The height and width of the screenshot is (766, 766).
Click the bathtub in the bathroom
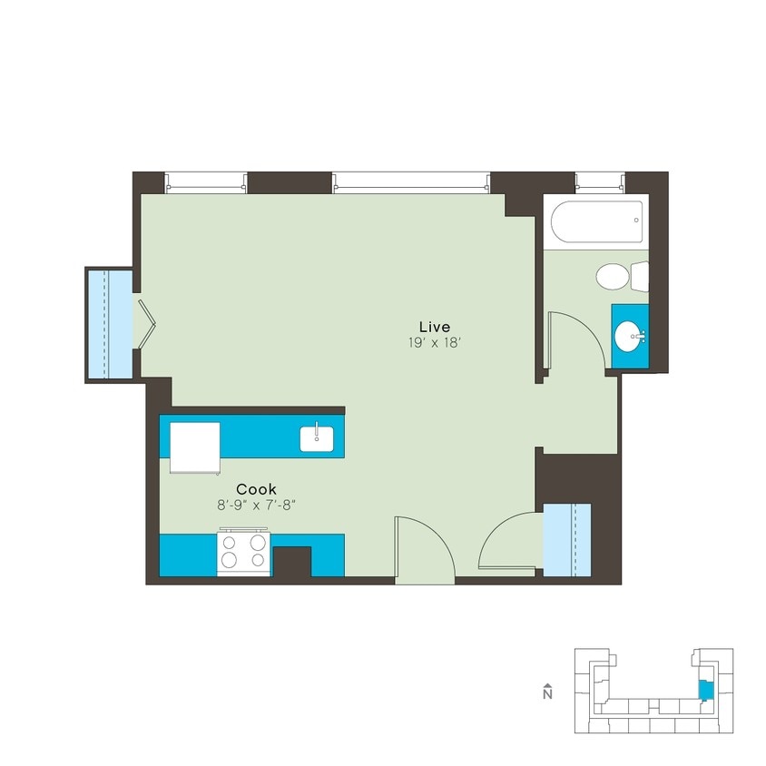point(597,221)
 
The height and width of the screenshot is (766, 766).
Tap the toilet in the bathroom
point(616,276)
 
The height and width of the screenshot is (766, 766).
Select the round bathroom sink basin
point(629,338)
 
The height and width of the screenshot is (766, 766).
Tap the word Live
point(434,326)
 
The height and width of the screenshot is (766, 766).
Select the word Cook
point(257,488)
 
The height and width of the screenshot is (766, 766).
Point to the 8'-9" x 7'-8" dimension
point(257,505)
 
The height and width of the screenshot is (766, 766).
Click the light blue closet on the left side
point(109,323)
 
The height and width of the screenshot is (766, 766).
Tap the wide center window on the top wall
point(411,182)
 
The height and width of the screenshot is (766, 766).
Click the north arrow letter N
point(547,694)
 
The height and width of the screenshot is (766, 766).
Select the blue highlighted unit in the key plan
point(705,690)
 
